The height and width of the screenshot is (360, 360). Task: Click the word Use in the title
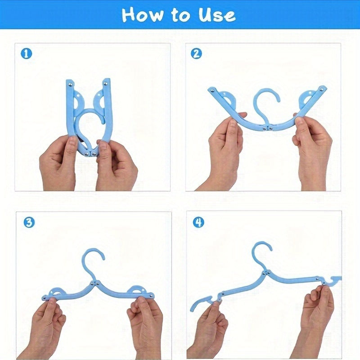tap(217, 15)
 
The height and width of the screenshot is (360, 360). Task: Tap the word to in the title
tap(180, 16)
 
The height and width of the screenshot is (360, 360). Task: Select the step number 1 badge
tap(27, 54)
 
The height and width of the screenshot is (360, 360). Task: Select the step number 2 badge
tap(196, 54)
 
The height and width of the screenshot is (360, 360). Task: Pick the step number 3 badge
tap(29, 222)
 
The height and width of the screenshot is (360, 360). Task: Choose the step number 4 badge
tap(198, 222)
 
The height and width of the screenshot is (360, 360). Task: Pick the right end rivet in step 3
tap(151, 295)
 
